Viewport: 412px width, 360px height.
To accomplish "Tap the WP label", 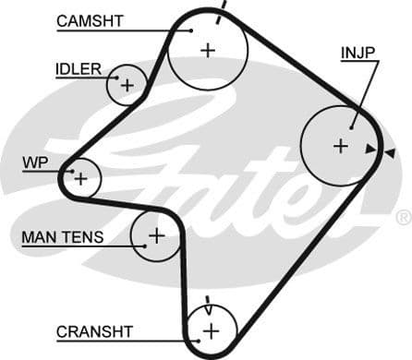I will coord(34,162).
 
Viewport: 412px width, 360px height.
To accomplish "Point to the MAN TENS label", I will coord(63,237).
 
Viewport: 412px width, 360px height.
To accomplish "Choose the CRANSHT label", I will coord(95,331).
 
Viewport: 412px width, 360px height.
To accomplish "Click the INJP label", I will coord(357,53).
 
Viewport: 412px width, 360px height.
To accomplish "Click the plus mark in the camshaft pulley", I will coord(208,50).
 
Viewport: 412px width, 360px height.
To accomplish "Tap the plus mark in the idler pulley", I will coord(127,86).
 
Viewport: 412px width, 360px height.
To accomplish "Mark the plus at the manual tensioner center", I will coord(156,235).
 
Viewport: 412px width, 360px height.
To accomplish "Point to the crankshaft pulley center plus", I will coord(212,330).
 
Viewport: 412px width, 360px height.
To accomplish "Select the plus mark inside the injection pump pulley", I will coord(340,145).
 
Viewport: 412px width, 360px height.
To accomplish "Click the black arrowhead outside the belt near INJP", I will coord(391,152).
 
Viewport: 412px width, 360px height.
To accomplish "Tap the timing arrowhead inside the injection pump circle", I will coord(370,149).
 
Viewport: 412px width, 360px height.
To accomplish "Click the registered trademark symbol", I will coord(403,218).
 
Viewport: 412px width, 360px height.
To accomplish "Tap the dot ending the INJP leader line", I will coord(353,126).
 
